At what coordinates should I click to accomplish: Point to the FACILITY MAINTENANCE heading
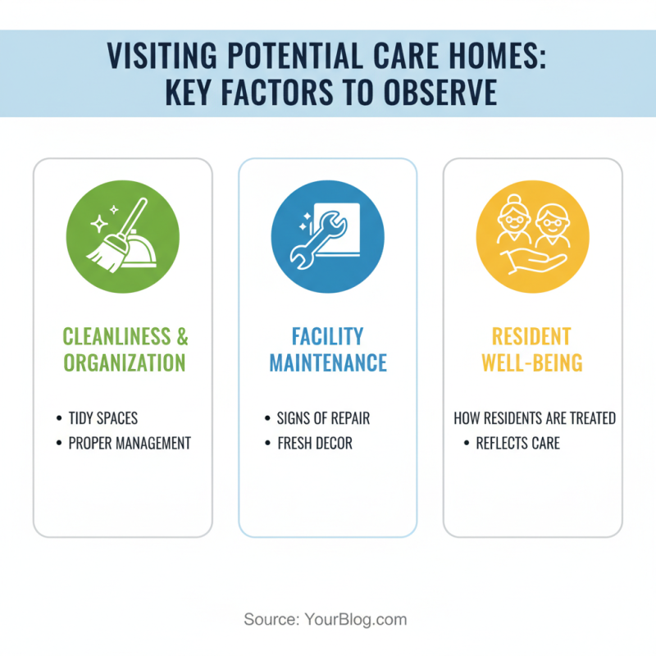tap(327, 349)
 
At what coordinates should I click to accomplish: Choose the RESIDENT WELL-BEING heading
tap(532, 349)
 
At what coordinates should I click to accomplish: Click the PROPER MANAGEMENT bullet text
tap(130, 444)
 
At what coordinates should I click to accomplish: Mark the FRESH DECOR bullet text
tap(316, 444)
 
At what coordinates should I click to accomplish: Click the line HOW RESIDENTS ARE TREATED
tap(535, 418)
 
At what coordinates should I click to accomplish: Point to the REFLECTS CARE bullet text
tap(518, 444)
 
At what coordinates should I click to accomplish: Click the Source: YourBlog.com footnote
tap(326, 619)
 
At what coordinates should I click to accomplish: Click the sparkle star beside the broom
tap(98, 222)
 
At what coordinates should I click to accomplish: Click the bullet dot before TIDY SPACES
tap(59, 419)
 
